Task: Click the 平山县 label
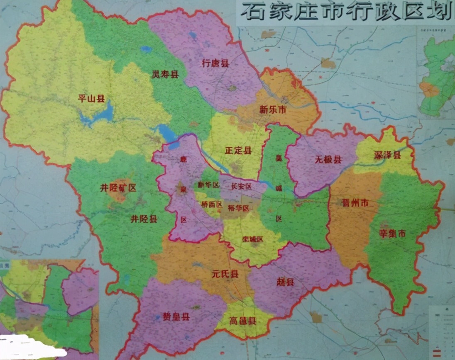(x=92, y=98)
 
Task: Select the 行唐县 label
(x=215, y=63)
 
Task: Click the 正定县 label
(x=238, y=151)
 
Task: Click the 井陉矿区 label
(x=118, y=188)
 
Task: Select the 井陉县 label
(x=144, y=219)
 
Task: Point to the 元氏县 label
(x=225, y=274)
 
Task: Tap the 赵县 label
(x=285, y=282)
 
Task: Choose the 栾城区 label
(x=253, y=239)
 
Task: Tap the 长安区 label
(x=241, y=187)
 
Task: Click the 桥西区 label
(x=212, y=204)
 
